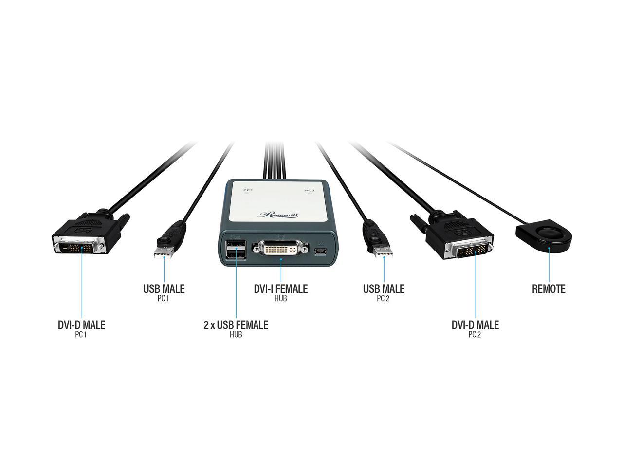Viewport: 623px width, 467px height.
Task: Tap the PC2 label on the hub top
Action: tap(310, 191)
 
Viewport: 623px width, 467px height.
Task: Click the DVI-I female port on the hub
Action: tap(280, 249)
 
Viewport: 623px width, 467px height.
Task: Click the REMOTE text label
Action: tap(549, 289)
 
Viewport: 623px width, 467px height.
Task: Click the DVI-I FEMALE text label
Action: tap(280, 289)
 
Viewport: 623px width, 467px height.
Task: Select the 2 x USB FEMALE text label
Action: tap(236, 325)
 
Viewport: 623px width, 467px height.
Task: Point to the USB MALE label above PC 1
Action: tap(164, 289)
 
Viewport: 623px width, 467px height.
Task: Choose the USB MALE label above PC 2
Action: tap(384, 289)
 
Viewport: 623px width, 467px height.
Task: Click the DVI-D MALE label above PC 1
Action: tap(81, 325)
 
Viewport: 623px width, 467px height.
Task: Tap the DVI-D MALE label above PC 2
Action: tap(475, 325)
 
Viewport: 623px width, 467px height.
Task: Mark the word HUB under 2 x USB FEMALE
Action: tap(236, 335)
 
